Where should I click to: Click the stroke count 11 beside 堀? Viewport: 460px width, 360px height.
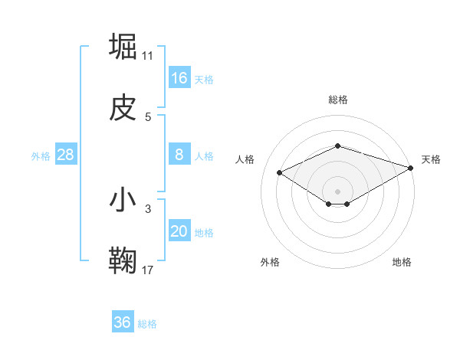click(148, 55)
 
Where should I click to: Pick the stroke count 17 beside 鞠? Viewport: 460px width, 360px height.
click(148, 270)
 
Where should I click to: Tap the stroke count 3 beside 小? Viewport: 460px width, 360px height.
click(148, 208)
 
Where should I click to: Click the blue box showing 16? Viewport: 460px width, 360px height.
click(179, 78)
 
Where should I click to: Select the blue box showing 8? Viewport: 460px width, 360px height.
click(179, 155)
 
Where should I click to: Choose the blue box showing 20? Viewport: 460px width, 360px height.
click(179, 231)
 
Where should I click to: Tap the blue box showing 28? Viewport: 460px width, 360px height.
click(66, 155)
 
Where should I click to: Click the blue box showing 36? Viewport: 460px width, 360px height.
click(123, 322)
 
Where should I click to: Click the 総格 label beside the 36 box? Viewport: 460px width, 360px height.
click(148, 324)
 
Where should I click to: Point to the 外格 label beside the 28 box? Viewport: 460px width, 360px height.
click(41, 156)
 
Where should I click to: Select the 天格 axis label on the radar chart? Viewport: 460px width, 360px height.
click(431, 159)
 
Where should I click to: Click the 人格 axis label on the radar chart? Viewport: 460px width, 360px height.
click(245, 159)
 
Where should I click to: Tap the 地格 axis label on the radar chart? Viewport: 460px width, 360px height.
click(402, 262)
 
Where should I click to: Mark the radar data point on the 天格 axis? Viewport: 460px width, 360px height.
click(412, 168)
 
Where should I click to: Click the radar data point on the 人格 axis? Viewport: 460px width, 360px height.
click(280, 172)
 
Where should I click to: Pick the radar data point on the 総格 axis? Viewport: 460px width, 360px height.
click(337, 146)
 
